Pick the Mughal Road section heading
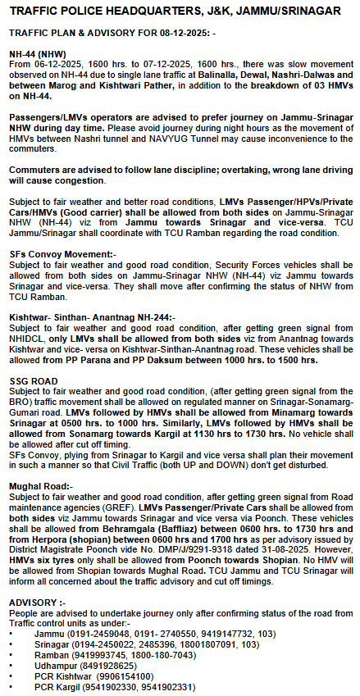point(41,486)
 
